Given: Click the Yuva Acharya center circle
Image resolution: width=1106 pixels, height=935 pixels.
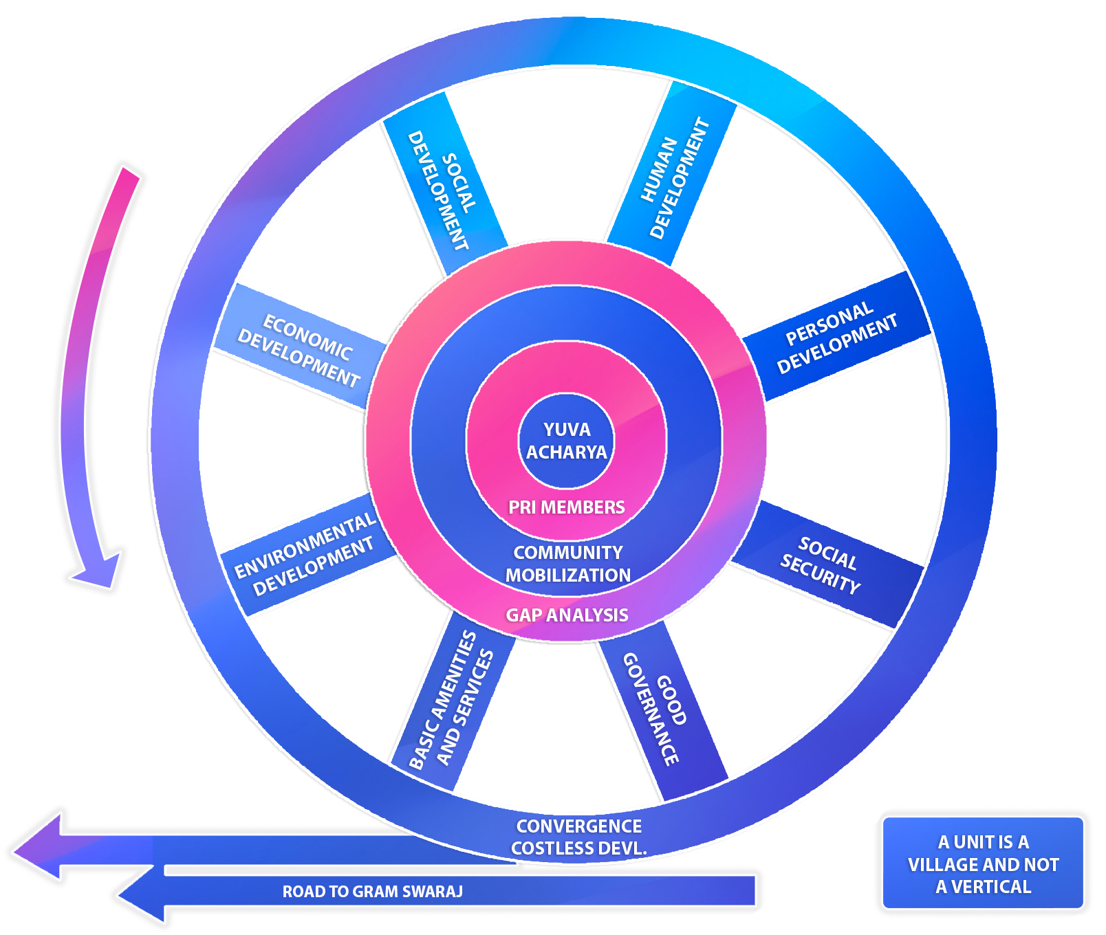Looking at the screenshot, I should [566, 441].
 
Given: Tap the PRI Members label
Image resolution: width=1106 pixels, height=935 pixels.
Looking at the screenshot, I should [566, 507].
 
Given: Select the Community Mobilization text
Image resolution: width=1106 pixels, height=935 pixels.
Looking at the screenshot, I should [567, 564].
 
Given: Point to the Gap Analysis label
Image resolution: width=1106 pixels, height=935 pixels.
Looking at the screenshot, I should [567, 615].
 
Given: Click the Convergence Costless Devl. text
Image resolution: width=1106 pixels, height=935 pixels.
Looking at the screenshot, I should [578, 837].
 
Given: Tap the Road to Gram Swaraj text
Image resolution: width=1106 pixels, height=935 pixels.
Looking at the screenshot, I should [372, 892].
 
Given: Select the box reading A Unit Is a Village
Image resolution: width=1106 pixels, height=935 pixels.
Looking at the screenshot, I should [982, 863].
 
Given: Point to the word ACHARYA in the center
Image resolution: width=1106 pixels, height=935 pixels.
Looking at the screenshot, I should [566, 452].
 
